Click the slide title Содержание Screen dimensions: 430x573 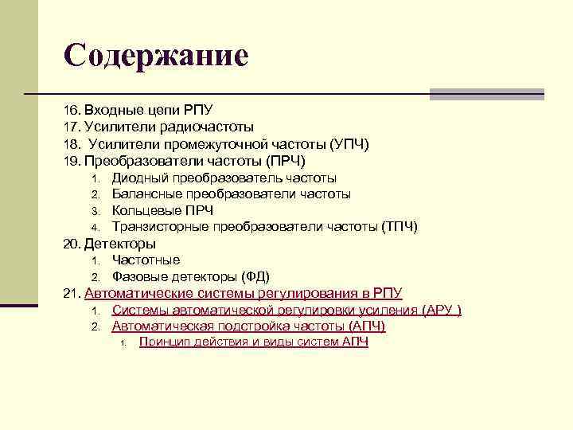pos(156,55)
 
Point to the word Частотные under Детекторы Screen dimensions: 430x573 pos(146,260)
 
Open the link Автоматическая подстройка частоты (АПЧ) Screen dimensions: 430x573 pos(248,326)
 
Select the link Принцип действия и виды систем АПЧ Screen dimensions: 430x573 pos(253,342)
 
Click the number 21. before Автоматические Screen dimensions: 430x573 pos(72,293)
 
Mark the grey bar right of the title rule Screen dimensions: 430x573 pos(486,94)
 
